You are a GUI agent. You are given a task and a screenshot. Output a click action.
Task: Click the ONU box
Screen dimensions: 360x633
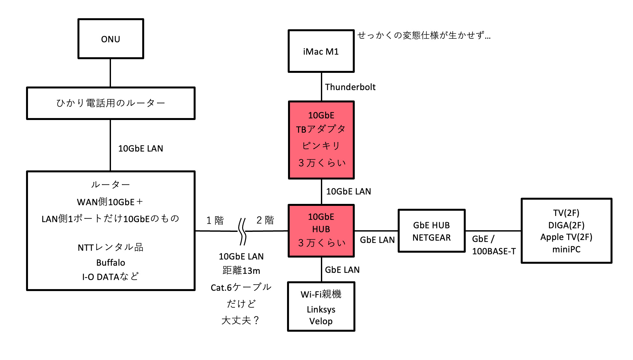click(x=111, y=39)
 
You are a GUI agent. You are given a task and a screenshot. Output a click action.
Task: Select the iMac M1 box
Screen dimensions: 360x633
click(x=321, y=51)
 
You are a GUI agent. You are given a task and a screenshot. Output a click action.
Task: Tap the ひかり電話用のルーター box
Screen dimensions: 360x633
click(x=111, y=103)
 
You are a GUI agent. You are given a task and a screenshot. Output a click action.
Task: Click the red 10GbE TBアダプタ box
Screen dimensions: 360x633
click(x=321, y=140)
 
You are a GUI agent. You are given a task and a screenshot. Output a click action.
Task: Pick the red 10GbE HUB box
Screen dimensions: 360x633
click(x=321, y=230)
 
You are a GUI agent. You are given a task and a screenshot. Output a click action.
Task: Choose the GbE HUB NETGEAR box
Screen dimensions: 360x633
click(x=432, y=231)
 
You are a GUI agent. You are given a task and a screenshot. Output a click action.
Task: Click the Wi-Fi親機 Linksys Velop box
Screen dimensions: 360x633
click(x=321, y=307)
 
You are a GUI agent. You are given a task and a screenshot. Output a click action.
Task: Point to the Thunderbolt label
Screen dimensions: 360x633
click(x=350, y=87)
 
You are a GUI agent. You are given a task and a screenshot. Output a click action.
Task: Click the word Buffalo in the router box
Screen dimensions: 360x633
click(x=111, y=262)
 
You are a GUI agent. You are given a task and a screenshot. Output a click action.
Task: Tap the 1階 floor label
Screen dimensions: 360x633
click(x=215, y=220)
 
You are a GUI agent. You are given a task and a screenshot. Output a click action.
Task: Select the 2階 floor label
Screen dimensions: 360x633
click(x=265, y=220)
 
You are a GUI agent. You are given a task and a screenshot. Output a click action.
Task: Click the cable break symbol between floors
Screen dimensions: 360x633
click(x=242, y=231)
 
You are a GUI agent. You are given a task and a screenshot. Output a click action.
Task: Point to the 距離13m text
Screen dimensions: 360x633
click(x=241, y=270)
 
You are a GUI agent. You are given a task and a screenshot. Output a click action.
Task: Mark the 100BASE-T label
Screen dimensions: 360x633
click(x=494, y=251)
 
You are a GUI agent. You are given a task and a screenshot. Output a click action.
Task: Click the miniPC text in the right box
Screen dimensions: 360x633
click(x=566, y=249)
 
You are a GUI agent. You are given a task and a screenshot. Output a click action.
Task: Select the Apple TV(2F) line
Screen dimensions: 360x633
click(x=566, y=237)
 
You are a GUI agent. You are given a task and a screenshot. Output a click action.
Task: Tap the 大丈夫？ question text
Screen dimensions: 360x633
click(x=241, y=320)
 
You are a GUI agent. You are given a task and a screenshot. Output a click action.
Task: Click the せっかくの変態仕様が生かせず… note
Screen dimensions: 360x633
click(x=424, y=35)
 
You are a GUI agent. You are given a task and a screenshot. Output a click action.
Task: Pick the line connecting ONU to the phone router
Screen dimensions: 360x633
click(x=110, y=73)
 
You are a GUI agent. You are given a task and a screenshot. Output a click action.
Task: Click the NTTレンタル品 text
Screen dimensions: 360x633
click(x=111, y=247)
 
